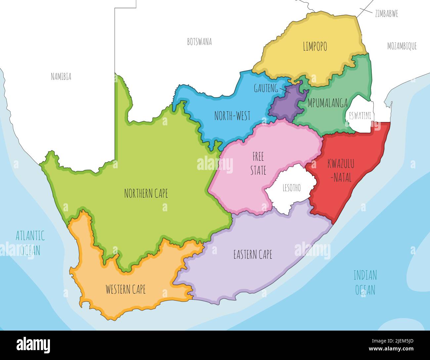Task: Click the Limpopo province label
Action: (315, 47)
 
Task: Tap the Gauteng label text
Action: (266, 88)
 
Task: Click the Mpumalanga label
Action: (327, 103)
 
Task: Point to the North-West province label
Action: (232, 116)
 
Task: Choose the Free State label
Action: (258, 163)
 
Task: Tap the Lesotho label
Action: (291, 188)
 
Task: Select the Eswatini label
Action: (360, 116)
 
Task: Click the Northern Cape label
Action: (146, 193)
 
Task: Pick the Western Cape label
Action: (125, 290)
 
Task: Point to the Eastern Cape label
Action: (253, 255)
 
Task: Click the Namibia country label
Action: (61, 77)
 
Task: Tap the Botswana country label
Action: (199, 42)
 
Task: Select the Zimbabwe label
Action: (386, 14)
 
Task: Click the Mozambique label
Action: (402, 46)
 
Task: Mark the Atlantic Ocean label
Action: (30, 243)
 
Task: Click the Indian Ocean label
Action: (365, 282)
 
